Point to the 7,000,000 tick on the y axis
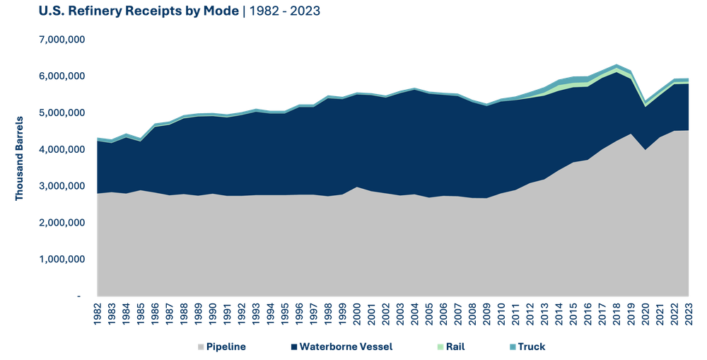tap(62, 40)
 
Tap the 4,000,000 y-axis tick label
tap(62, 149)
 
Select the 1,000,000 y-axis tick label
tap(62, 260)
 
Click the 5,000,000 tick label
tap(62, 112)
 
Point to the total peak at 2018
tap(617, 64)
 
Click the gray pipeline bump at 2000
tap(357, 188)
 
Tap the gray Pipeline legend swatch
tap(201, 347)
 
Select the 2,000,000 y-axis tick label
tap(62, 223)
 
